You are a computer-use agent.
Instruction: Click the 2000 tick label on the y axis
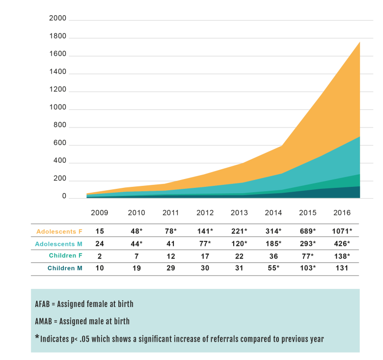[x=58, y=19]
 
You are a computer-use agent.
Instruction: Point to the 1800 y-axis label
[x=58, y=37]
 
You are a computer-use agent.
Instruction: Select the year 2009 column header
[x=100, y=213]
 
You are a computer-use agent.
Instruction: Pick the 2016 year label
[x=342, y=213]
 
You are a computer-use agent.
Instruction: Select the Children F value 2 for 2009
[x=100, y=256]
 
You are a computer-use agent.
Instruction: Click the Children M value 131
[x=342, y=268]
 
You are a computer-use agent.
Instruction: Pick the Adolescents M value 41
[x=169, y=243]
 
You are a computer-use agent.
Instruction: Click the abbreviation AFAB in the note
[x=45, y=304]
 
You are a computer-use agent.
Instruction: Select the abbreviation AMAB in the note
[x=45, y=321]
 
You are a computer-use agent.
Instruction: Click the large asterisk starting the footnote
[x=37, y=337]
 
